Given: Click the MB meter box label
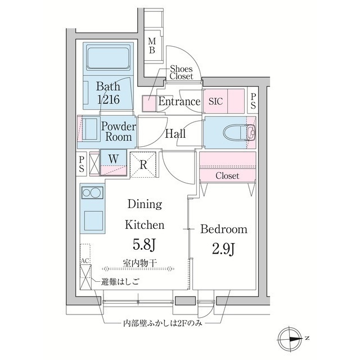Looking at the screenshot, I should click(152, 46).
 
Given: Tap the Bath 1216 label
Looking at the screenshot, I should click(107, 93).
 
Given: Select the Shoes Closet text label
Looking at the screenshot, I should click(181, 72).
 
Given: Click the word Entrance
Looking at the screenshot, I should click(179, 102).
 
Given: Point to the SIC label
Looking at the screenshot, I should click(216, 102).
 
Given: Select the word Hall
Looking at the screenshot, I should click(175, 134).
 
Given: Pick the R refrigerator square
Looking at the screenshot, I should click(144, 165).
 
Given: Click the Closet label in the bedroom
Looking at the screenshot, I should click(227, 176).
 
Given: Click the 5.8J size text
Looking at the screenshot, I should click(144, 246).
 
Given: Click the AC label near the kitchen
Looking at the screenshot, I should click(85, 261).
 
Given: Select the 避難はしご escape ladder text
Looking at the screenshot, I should click(119, 281).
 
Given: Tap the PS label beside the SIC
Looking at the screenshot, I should click(253, 101).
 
